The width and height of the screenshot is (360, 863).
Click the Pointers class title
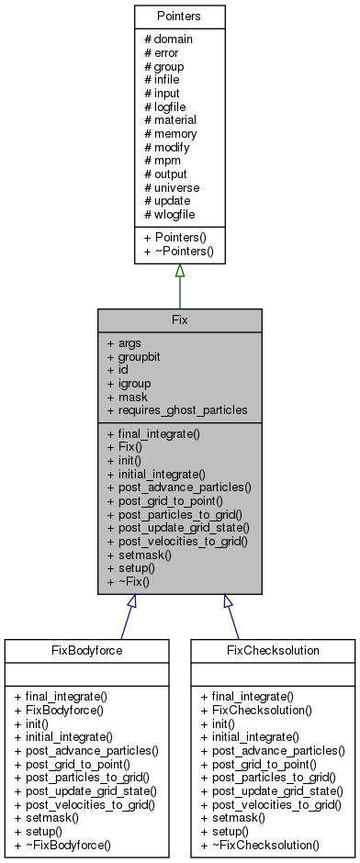[179, 17]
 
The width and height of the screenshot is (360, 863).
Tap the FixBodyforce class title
[86, 651]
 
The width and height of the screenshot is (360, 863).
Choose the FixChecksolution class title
[274, 651]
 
